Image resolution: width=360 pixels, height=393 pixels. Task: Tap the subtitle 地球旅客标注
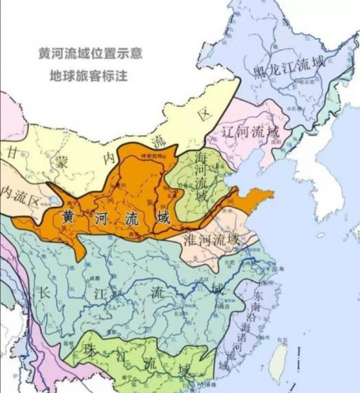point(90,75)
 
